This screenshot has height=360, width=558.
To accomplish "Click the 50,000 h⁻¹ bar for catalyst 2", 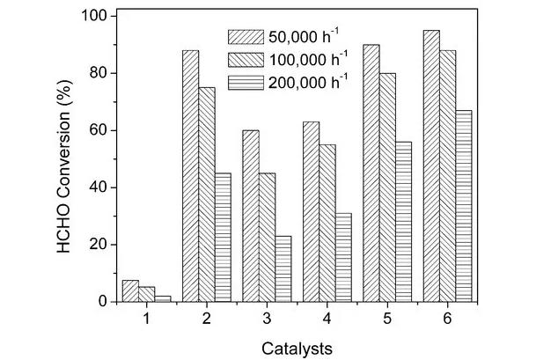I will tap(190, 176).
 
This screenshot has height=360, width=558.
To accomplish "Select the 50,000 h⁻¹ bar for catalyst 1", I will tap(129, 290).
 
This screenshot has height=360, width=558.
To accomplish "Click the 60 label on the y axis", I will tap(96, 130).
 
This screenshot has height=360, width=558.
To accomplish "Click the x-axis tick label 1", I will tap(147, 318).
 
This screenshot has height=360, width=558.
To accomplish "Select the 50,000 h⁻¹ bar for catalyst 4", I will tap(311, 211).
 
